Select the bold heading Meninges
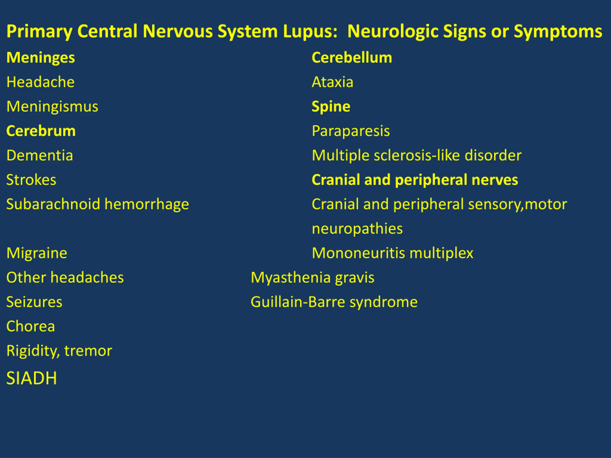[41, 58]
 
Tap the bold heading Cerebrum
[41, 131]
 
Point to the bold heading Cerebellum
[352, 58]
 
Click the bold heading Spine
[331, 107]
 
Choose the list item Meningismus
[52, 107]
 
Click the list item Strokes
[31, 180]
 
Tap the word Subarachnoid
[53, 204]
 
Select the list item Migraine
[37, 253]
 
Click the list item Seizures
[34, 302]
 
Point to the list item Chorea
[31, 326]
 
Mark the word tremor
[88, 351]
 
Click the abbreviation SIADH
[32, 378]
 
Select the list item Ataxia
[332, 82]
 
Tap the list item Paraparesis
[351, 131]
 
